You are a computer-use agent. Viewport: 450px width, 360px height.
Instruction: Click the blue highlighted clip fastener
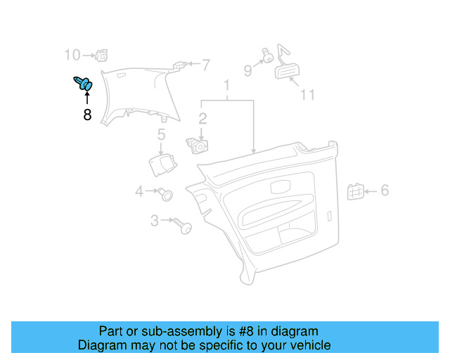83,83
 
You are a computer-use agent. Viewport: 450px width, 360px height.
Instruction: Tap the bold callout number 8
87,115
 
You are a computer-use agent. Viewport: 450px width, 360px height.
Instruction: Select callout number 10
72,55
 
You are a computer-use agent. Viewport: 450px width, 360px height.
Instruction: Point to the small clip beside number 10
101,56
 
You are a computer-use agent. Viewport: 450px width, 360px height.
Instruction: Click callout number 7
206,65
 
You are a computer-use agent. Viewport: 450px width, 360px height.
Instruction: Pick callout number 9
248,70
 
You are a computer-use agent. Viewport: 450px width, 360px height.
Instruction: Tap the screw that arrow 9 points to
267,56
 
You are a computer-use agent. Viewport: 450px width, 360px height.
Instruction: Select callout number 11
307,95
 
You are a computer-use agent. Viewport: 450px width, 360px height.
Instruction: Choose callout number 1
226,85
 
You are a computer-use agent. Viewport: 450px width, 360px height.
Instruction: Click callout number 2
202,119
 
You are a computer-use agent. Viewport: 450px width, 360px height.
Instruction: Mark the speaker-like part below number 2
197,146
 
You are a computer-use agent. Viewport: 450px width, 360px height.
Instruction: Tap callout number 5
161,134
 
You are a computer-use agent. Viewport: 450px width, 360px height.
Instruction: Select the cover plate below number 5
162,165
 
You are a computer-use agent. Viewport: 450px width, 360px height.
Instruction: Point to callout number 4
139,191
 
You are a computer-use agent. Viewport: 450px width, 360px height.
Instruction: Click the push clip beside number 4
166,194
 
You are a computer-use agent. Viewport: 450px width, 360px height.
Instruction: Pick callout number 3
155,221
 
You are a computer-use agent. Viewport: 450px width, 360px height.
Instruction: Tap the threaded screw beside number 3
183,226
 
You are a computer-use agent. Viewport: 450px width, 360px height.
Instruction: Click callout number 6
385,191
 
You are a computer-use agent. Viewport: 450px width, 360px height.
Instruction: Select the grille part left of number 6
356,192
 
